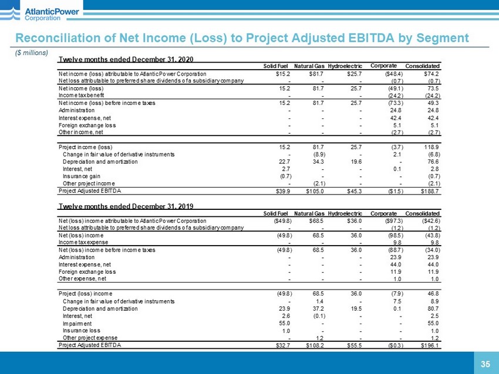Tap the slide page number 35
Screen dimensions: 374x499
(x=485, y=364)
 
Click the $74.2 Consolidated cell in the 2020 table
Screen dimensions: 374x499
(x=431, y=74)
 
